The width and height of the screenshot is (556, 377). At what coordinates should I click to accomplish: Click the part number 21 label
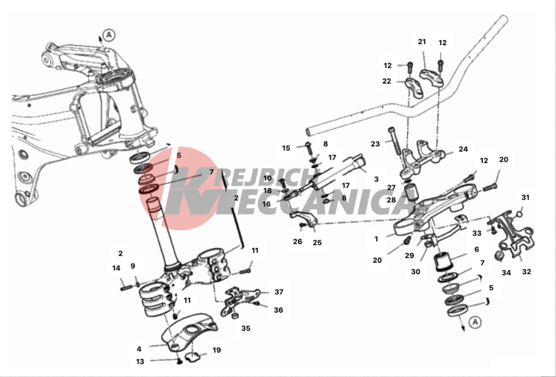[421, 42]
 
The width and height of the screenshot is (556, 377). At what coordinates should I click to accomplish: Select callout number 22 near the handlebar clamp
[387, 81]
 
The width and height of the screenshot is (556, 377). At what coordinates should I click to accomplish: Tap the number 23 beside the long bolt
[375, 144]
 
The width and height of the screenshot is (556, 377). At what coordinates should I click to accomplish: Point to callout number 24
[463, 149]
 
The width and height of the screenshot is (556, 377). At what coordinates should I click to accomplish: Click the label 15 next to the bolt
[286, 148]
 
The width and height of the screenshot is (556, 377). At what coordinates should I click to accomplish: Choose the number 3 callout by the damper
[376, 179]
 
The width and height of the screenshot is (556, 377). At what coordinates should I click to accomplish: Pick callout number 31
[525, 198]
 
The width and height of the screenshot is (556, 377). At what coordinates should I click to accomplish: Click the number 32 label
[526, 271]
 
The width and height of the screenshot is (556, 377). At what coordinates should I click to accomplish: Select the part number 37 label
[279, 292]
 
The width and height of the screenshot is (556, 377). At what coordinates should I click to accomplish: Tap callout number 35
[246, 328]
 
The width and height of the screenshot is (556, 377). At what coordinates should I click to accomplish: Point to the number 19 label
[216, 350]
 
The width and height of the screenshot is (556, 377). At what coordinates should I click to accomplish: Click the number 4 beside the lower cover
[139, 349]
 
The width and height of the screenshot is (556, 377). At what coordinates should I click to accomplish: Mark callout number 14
[116, 268]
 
